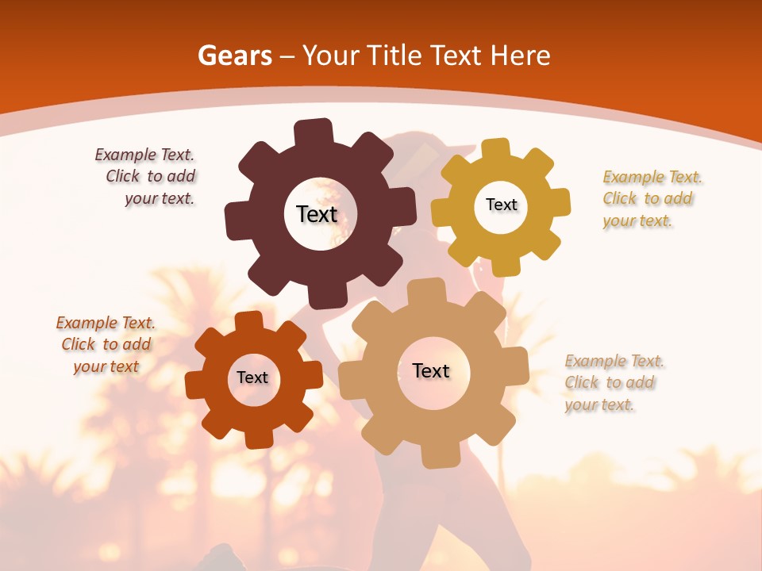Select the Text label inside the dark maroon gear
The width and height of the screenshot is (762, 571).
[317, 214]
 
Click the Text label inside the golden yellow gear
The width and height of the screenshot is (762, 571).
[501, 205]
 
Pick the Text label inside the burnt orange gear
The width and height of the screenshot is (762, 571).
[252, 377]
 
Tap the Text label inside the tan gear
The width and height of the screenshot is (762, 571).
[431, 370]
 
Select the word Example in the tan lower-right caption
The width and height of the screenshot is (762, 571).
[590, 362]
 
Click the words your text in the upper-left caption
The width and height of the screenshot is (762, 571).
[159, 199]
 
